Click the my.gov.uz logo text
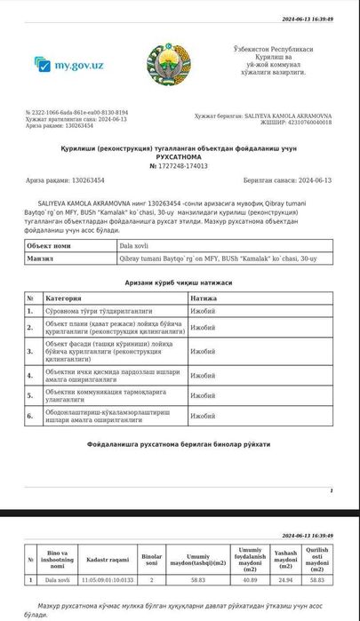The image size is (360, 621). click(x=79, y=65)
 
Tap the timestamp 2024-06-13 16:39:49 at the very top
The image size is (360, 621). click(x=308, y=19)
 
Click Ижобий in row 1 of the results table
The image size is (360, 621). click(x=203, y=311)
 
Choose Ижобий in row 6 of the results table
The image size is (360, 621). click(x=203, y=415)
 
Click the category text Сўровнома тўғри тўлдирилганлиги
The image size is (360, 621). click(x=92, y=311)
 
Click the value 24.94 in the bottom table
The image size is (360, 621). click(x=285, y=579)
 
